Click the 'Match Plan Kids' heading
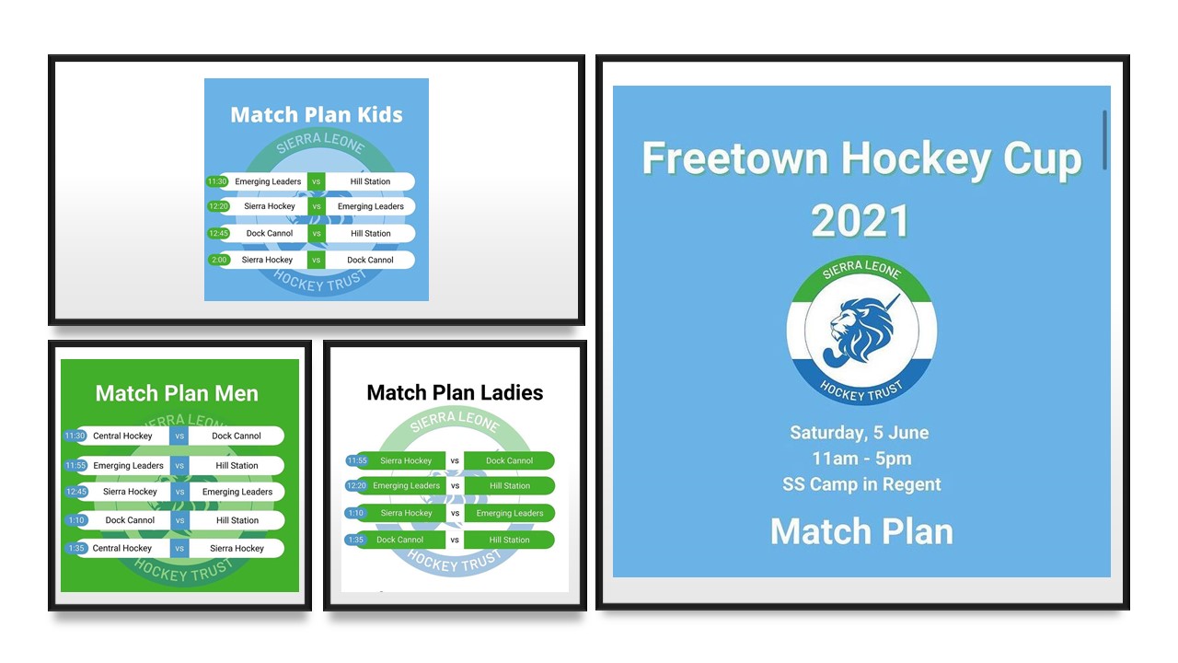point(317,115)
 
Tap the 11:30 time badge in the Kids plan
point(216,181)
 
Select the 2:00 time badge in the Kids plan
point(219,260)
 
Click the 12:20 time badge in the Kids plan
point(218,206)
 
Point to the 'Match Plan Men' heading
point(177,393)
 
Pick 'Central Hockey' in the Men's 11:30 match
point(122,436)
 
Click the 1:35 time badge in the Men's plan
point(76,548)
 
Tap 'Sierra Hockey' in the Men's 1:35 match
point(237,548)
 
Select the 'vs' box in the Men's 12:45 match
point(179,492)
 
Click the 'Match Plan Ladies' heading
point(455,392)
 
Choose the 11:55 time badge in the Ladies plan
point(357,461)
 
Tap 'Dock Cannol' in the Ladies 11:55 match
point(509,461)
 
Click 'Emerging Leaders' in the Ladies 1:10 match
point(510,513)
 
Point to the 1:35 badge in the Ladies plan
point(356,540)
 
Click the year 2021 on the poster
point(860,221)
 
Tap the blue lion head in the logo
point(861,330)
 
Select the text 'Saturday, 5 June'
point(860,433)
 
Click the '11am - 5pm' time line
point(861,459)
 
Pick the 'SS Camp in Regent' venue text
point(861,484)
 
